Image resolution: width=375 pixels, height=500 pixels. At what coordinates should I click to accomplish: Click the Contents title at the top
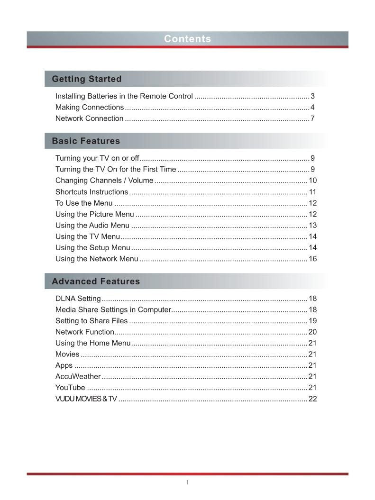[x=187, y=39]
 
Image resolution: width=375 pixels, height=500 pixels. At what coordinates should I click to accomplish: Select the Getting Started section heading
[x=87, y=79]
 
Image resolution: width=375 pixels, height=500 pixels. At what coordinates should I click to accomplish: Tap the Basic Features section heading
[x=86, y=141]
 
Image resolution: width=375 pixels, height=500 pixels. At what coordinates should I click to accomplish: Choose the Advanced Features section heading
[x=96, y=282]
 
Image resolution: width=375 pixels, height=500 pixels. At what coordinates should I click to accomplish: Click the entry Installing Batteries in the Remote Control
[x=124, y=96]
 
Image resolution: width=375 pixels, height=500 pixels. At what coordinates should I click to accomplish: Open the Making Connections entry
[x=90, y=107]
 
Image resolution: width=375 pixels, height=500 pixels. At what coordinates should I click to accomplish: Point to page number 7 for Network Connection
[x=312, y=118]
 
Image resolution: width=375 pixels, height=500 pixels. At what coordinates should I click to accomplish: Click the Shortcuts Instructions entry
[x=91, y=192]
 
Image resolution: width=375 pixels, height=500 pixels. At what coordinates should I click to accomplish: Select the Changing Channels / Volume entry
[x=104, y=181]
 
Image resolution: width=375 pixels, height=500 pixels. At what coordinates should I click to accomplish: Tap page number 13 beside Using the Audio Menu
[x=312, y=226]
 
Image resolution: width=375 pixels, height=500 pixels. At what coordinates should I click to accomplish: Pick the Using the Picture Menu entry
[x=95, y=214]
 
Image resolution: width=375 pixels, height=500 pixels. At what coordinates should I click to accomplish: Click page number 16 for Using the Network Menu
[x=312, y=259]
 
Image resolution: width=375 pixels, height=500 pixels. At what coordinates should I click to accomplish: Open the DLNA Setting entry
[x=78, y=299]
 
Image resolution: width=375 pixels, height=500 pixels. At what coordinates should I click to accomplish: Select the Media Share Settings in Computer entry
[x=113, y=310]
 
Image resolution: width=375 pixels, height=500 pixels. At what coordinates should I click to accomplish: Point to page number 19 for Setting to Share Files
[x=312, y=321]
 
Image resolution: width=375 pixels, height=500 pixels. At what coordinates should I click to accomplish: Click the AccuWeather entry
[x=78, y=377]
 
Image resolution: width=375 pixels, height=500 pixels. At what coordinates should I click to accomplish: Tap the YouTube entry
[x=70, y=388]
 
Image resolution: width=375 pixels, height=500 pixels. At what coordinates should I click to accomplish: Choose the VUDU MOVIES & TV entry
[x=86, y=399]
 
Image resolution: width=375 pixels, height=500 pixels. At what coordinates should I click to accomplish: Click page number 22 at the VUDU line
[x=312, y=399]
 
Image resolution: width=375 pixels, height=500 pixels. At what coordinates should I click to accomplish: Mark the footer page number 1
[x=187, y=483]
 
